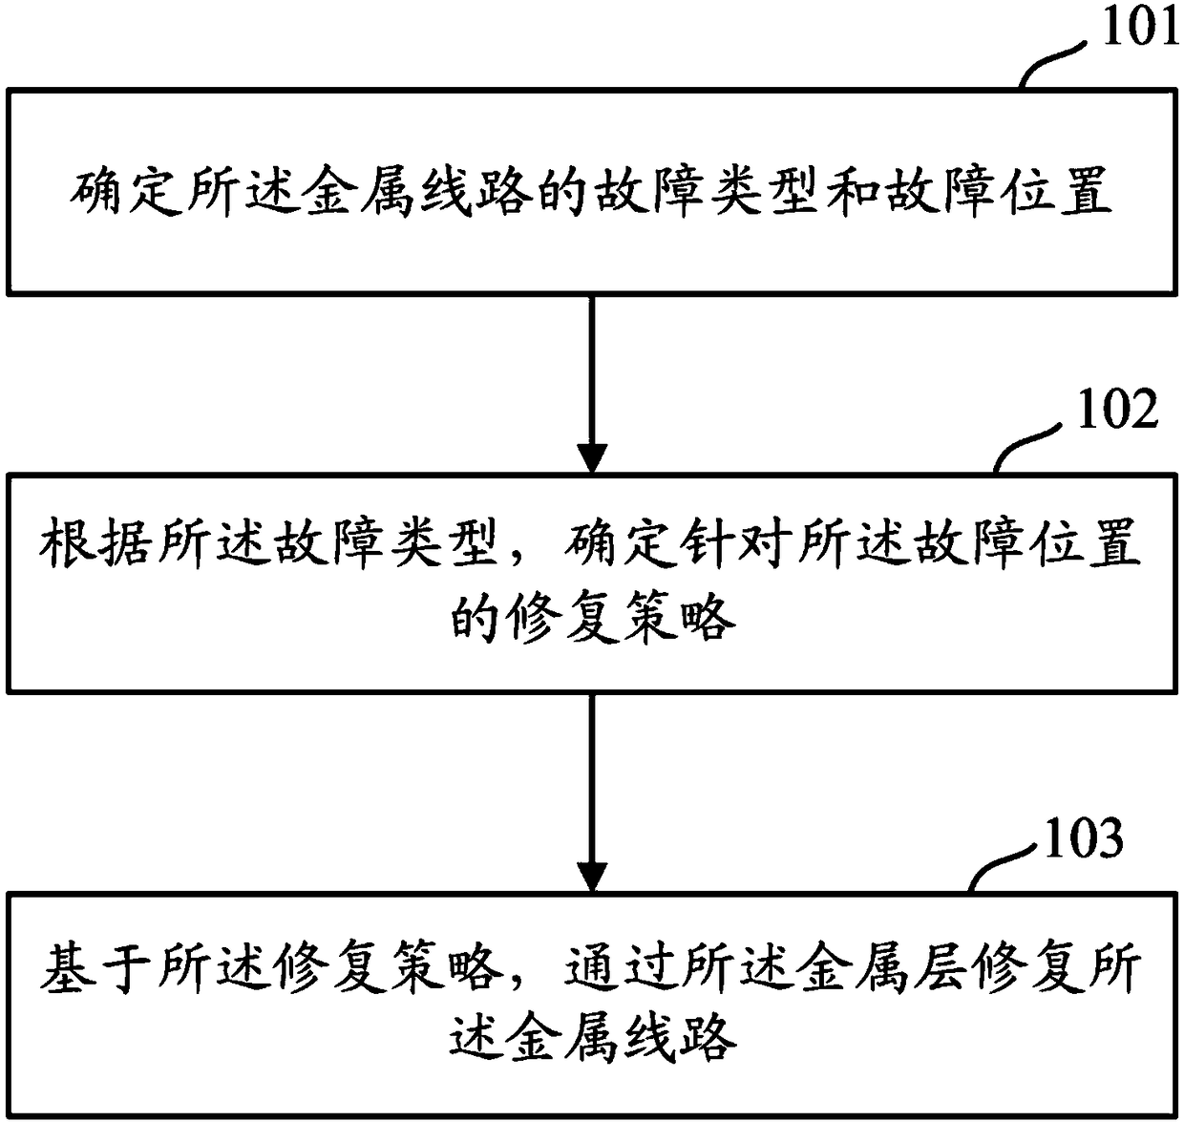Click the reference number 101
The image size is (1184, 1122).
point(1141,27)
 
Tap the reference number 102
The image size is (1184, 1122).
point(1117,411)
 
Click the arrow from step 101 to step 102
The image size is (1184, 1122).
point(592,382)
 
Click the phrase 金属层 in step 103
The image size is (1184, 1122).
point(877,969)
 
